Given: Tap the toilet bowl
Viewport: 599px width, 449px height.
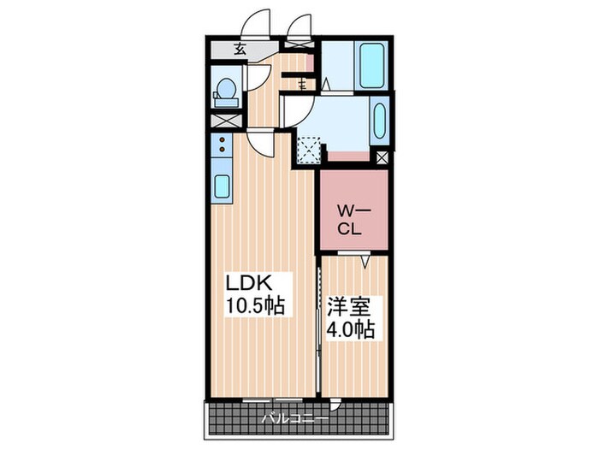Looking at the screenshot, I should click(x=226, y=90).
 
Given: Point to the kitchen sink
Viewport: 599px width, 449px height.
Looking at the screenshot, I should click(x=221, y=186).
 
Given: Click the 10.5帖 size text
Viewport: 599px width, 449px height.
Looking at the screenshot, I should click(x=255, y=305).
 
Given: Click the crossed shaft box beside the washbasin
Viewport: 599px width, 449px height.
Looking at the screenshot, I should click(x=383, y=157).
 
